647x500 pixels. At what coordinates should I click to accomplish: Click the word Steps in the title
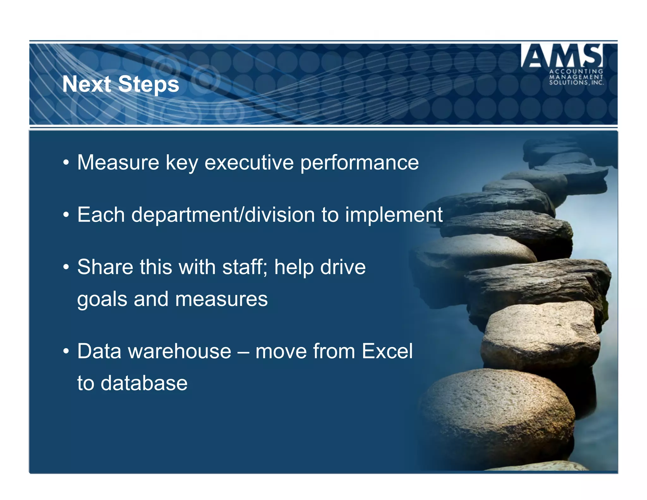tap(148, 84)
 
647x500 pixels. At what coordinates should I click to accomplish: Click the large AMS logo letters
tap(561, 56)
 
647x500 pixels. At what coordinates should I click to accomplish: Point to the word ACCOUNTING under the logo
tap(576, 72)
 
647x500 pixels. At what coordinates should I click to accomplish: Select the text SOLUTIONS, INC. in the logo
tap(576, 83)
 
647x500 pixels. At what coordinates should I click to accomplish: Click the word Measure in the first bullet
tap(118, 162)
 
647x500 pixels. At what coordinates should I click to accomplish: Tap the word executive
tap(249, 162)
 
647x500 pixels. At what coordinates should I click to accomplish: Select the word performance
tap(359, 163)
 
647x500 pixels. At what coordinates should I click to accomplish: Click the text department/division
tap(223, 215)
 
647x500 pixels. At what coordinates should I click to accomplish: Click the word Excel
tap(387, 351)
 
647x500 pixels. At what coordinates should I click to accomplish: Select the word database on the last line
tap(144, 383)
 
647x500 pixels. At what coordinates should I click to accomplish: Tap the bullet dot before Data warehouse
tap(66, 351)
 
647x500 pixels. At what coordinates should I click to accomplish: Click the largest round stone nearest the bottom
tap(496, 417)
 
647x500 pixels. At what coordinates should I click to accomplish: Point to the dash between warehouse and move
tap(243, 352)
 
